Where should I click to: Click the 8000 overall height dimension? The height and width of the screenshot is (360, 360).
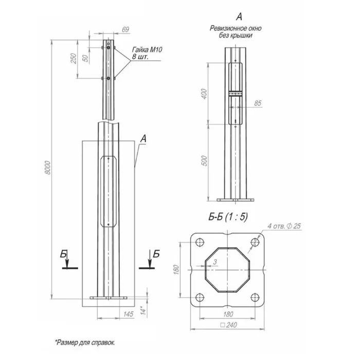pyautogui.click(x=47, y=168)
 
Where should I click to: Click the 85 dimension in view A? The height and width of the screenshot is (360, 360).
pyautogui.click(x=258, y=103)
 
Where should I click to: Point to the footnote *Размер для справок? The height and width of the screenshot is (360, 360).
pyautogui.click(x=85, y=341)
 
